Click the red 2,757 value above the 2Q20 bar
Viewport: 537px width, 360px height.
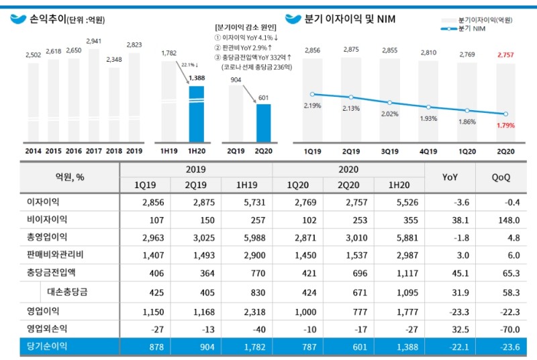click(505, 50)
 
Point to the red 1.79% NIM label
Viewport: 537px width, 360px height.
click(505, 125)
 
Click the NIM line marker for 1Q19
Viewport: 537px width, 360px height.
click(313, 94)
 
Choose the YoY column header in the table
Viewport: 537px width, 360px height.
click(450, 177)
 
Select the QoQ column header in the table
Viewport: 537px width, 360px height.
click(500, 177)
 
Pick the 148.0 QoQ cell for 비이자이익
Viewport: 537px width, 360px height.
click(500, 220)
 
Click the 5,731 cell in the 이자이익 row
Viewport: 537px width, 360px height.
click(246, 201)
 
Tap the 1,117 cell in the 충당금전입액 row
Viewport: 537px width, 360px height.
click(399, 274)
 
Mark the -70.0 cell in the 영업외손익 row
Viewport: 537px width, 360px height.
click(500, 328)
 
